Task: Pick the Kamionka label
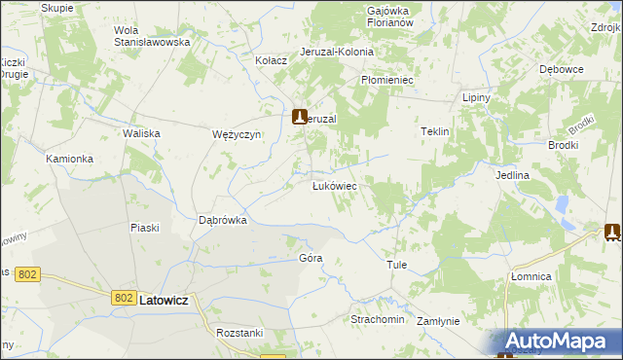(x=70, y=158)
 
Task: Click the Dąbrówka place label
(x=223, y=220)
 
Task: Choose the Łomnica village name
(x=531, y=276)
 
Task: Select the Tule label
(x=396, y=265)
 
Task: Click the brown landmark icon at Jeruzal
(x=301, y=116)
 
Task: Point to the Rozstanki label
(x=241, y=333)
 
